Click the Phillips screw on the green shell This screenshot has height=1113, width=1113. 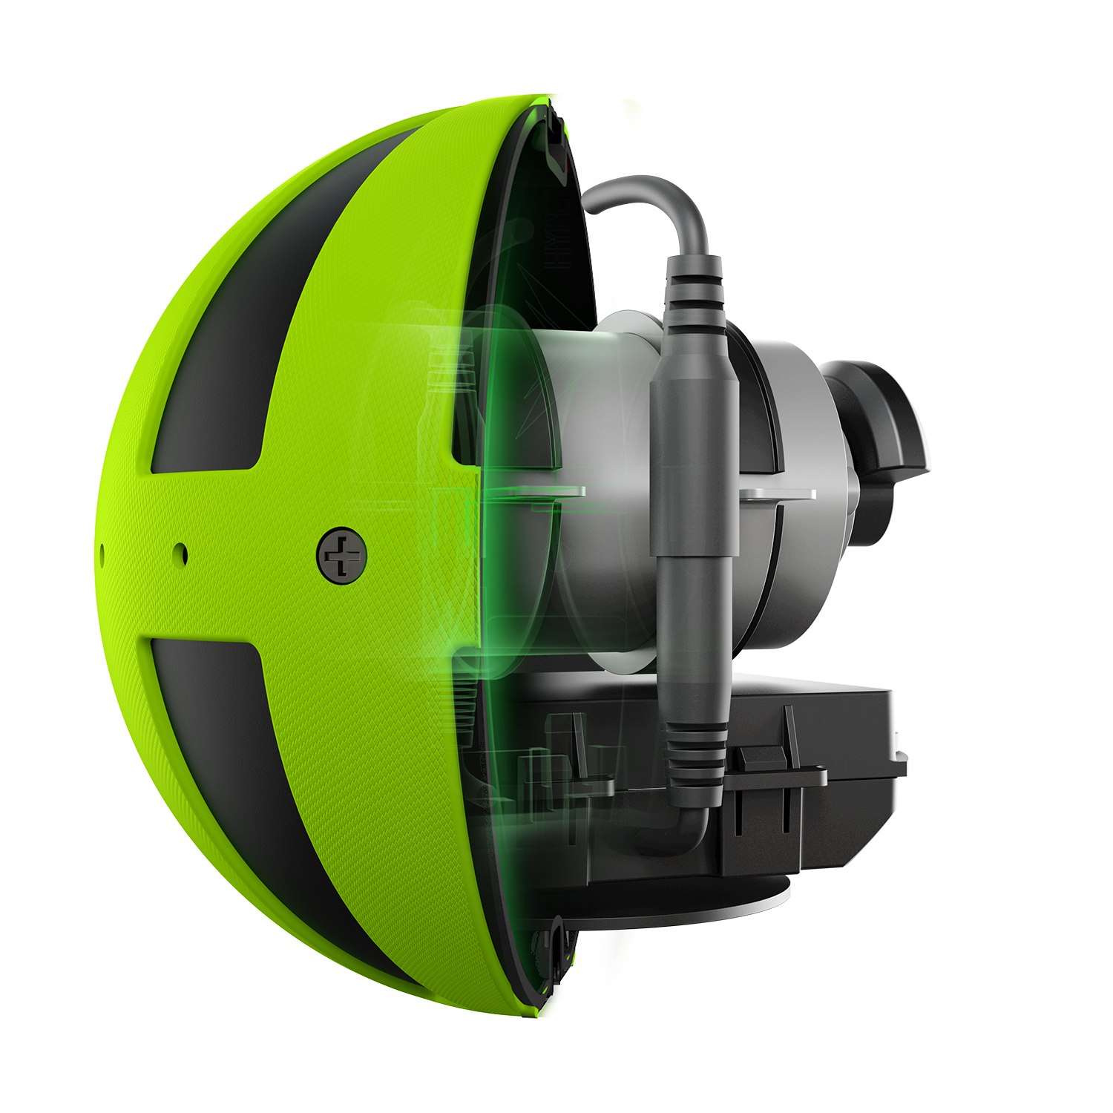(x=342, y=555)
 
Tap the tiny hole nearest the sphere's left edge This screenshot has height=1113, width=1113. (x=102, y=551)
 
